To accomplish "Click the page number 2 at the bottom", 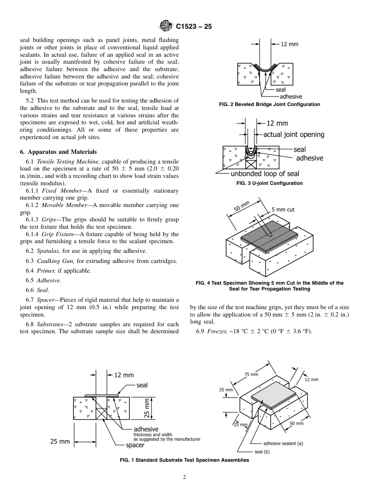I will point(184,477).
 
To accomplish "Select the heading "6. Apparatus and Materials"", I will point(58,152).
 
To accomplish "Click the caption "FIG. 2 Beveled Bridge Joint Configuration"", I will point(269,104).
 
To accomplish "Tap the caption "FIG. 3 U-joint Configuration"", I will point(270,183).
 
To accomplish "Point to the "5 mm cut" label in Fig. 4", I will point(283,210).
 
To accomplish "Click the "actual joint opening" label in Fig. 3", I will point(294,134).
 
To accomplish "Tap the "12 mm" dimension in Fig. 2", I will point(289,44).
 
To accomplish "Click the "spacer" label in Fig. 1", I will point(135,445).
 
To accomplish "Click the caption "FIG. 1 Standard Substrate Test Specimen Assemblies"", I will point(184,460).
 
